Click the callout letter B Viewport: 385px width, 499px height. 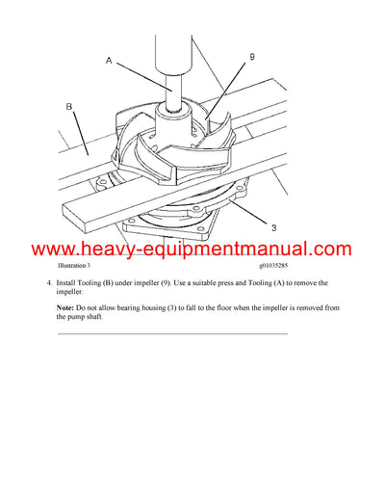[x=69, y=108]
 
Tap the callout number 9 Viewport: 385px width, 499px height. [x=252, y=58]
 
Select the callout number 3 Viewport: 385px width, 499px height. [x=273, y=227]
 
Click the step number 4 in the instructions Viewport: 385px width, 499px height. [x=48, y=283]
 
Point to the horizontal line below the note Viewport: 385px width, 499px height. [x=172, y=333]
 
